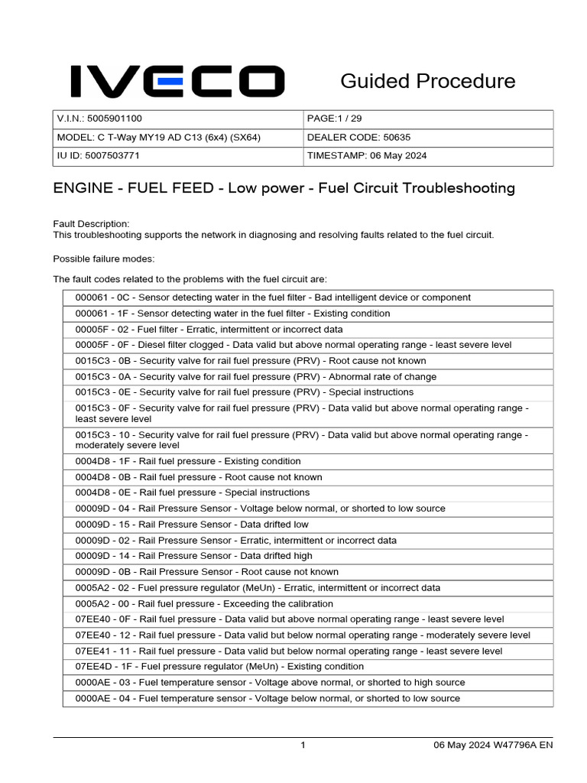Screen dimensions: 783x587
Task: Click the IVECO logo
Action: pos(177,81)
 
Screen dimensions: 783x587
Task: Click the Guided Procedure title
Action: pos(427,81)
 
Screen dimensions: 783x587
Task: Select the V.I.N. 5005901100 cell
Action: pos(177,119)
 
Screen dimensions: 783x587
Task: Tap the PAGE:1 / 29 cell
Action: pos(427,119)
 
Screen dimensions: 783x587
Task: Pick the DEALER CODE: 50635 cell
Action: pos(427,138)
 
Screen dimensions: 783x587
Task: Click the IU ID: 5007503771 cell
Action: pos(177,155)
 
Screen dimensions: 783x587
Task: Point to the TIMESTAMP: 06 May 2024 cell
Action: pos(427,155)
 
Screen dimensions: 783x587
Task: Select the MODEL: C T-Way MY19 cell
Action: pos(177,138)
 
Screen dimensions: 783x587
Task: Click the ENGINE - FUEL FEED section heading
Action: pos(284,188)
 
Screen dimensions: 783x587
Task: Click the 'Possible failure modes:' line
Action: pos(104,258)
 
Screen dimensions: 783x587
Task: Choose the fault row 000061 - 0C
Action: pos(272,297)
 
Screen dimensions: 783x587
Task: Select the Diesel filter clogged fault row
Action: pos(293,345)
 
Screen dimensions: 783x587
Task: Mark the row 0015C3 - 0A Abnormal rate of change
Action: pos(256,376)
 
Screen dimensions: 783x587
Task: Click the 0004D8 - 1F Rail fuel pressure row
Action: pos(188,461)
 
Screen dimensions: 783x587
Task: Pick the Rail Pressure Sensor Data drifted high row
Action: pos(193,556)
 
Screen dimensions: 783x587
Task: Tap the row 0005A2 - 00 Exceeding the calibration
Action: pos(204,603)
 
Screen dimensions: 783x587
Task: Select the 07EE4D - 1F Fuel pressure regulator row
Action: pos(219,666)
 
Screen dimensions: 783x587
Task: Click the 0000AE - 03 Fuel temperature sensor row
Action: pos(270,682)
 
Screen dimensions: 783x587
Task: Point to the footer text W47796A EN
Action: pos(524,746)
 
